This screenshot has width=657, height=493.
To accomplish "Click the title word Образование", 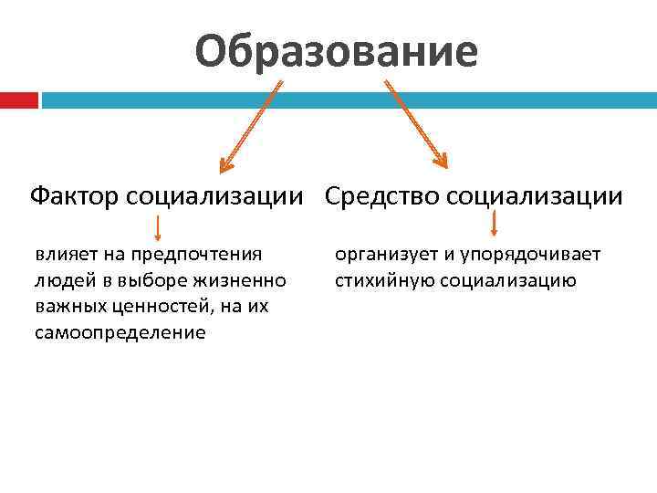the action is [335, 51].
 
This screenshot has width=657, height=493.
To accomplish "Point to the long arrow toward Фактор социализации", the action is [250, 126].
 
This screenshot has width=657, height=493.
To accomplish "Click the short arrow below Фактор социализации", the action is [158, 226].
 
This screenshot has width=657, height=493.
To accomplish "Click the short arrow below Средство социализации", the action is [494, 224].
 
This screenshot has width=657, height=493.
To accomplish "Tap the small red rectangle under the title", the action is [18, 100].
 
